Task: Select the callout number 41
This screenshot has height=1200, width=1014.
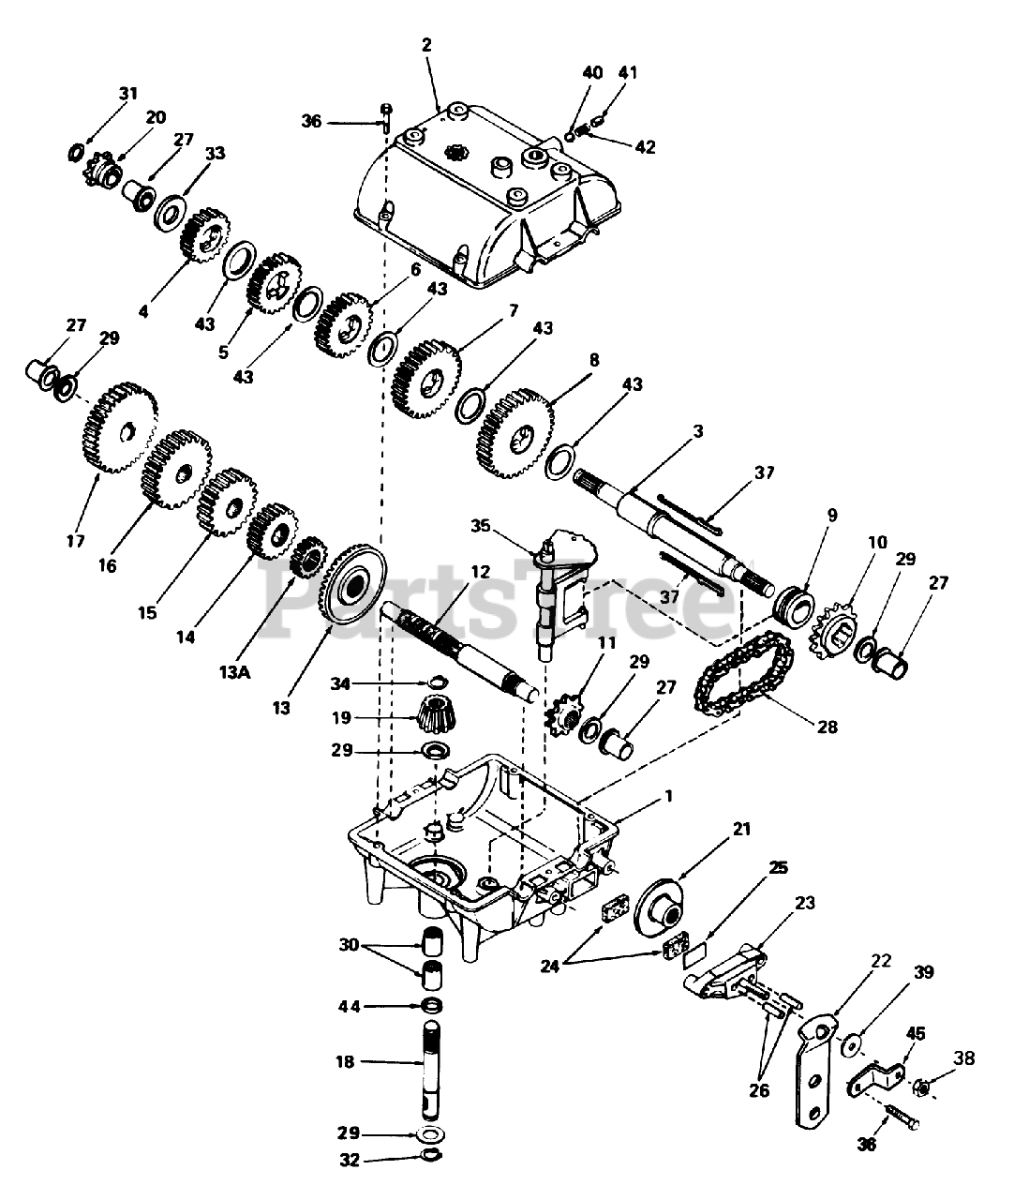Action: (628, 71)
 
